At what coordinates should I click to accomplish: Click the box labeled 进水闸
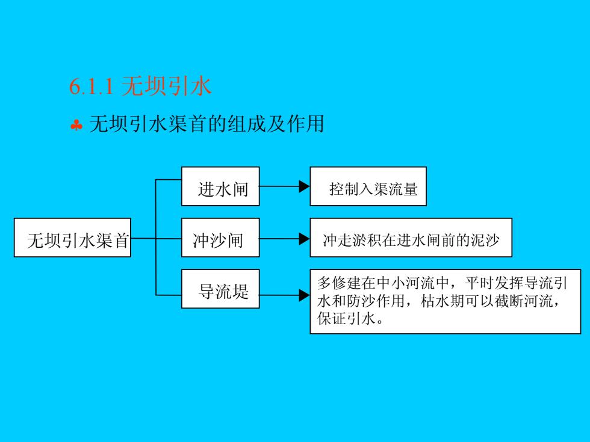[220, 186]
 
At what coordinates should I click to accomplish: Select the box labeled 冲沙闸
[220, 238]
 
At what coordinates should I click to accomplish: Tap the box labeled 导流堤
[220, 289]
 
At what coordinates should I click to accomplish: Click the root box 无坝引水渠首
[72, 238]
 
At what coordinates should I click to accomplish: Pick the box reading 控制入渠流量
[368, 186]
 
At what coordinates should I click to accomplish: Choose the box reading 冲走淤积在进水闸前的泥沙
[411, 238]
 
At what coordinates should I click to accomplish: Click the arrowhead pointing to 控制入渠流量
[305, 186]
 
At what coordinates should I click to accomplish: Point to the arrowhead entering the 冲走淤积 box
[305, 239]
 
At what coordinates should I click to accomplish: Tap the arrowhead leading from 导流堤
[305, 295]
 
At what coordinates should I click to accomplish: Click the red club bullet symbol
[76, 125]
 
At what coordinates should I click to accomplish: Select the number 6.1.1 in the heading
[92, 87]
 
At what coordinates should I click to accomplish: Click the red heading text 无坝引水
[166, 86]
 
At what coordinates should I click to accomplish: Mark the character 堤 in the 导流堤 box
[240, 291]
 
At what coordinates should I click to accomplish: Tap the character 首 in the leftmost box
[122, 241]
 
